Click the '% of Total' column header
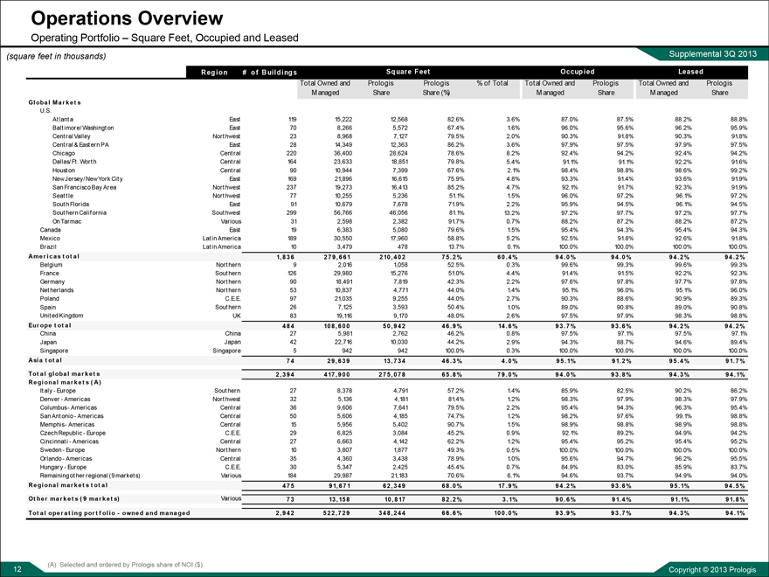494,82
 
